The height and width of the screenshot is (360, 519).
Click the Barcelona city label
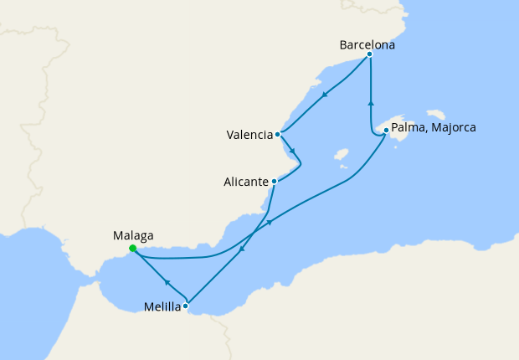tap(367, 45)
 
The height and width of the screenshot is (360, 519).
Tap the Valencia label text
tap(249, 134)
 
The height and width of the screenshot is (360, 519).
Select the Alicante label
tap(246, 182)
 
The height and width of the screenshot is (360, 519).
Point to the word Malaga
tap(133, 236)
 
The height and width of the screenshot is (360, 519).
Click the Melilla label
tap(162, 307)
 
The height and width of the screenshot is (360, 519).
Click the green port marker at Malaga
tap(133, 248)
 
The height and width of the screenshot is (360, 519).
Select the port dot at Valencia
tap(277, 133)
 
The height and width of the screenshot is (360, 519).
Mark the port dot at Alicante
tap(274, 181)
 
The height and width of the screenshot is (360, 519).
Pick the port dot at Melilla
tap(186, 306)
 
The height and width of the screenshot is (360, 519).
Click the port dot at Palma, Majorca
tap(385, 130)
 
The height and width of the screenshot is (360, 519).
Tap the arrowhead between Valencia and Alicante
tap(292, 152)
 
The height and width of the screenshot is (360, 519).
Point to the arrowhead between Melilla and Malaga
tap(166, 282)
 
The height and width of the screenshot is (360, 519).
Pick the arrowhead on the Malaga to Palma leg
tap(270, 222)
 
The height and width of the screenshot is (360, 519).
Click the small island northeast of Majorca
tap(435, 114)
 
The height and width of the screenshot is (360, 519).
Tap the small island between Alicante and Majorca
tap(341, 155)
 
